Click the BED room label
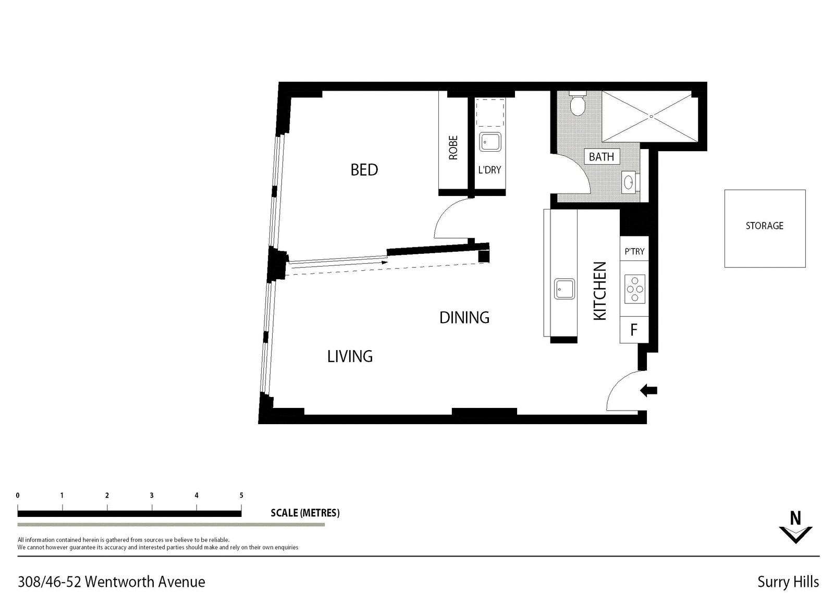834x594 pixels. click(364, 170)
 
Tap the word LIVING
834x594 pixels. click(350, 356)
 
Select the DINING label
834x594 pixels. click(464, 317)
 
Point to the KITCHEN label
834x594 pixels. click(599, 291)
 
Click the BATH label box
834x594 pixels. click(602, 157)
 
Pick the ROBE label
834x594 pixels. click(453, 148)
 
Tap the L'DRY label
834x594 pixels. click(489, 170)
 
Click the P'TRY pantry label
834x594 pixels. click(634, 252)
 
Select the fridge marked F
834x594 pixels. click(634, 330)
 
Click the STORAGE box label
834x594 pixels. click(764, 226)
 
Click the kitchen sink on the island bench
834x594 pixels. click(564, 289)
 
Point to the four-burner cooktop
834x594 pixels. click(634, 289)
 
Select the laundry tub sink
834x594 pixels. click(490, 142)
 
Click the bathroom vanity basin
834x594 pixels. click(629, 182)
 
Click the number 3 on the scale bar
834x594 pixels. click(152, 496)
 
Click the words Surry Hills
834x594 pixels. click(788, 581)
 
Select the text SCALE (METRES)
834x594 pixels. click(305, 513)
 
